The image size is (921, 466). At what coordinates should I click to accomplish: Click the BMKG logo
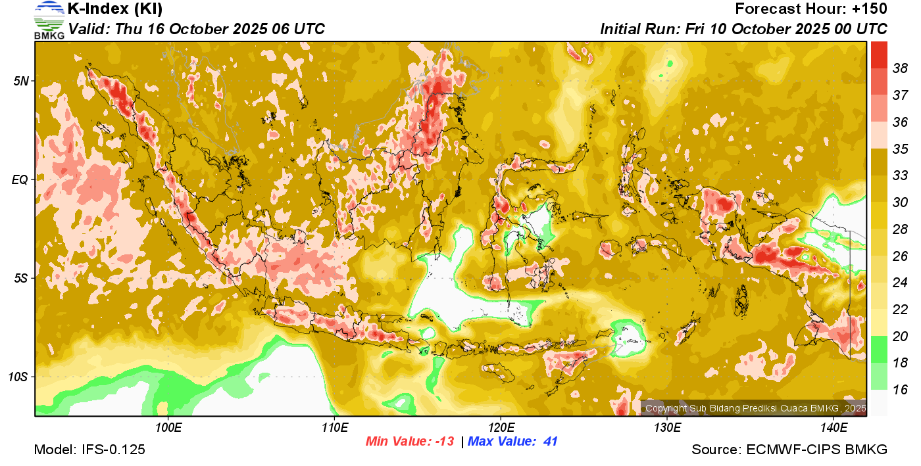pos(49,20)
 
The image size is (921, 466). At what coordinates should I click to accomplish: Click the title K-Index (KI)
pos(115,9)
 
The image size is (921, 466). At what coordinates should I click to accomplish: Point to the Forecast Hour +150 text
pos(811,9)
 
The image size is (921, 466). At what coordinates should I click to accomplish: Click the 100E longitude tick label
pos(168,428)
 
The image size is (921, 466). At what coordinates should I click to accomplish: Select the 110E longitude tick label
pos(334,428)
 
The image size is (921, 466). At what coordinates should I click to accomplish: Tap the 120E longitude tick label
pos(501,428)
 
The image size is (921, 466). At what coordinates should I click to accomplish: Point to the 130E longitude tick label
pos(667,428)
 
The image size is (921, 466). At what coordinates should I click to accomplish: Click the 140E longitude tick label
pos(834,428)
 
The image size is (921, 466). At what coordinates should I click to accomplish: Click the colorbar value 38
pos(900,68)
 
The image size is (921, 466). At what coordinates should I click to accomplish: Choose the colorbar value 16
pos(900,390)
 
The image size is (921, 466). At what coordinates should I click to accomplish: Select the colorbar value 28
pos(900,229)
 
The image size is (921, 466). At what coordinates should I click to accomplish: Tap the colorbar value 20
pos(900,336)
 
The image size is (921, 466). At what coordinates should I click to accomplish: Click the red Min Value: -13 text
pos(410,442)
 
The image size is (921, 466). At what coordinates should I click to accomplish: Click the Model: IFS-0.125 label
pos(89,450)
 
